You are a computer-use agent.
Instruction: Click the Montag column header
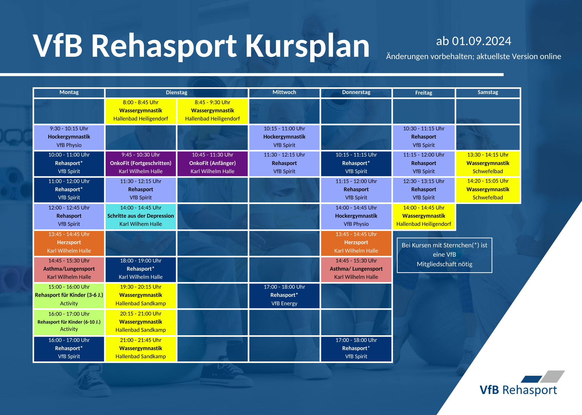pyautogui.click(x=69, y=93)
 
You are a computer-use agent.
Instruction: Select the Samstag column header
pyautogui.click(x=488, y=93)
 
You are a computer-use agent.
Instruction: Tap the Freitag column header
pyautogui.click(x=424, y=93)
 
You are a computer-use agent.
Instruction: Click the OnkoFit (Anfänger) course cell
pyautogui.click(x=212, y=163)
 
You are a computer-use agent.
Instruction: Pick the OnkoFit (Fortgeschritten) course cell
pyautogui.click(x=141, y=163)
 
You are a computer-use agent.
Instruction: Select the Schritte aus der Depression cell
pyautogui.click(x=141, y=216)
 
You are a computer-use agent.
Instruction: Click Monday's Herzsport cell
pyautogui.click(x=69, y=242)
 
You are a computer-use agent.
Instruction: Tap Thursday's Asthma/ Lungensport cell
pyautogui.click(x=356, y=269)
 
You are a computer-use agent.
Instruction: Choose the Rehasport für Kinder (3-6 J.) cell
pyautogui.click(x=69, y=295)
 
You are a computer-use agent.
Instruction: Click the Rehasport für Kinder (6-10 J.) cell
pyautogui.click(x=69, y=322)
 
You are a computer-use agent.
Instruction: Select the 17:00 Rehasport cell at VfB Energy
pyautogui.click(x=284, y=295)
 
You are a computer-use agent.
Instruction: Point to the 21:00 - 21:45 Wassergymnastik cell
pyautogui.click(x=141, y=348)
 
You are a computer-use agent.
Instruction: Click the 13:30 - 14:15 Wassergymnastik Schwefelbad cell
pyautogui.click(x=488, y=163)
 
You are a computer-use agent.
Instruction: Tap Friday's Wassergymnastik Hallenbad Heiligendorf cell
pyautogui.click(x=424, y=216)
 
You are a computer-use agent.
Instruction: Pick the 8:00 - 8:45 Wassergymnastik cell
pyautogui.click(x=141, y=111)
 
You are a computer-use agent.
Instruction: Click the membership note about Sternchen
pyautogui.click(x=444, y=255)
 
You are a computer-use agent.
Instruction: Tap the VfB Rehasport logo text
pyautogui.click(x=518, y=390)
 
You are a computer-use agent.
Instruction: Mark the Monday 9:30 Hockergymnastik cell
pyautogui.click(x=69, y=137)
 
